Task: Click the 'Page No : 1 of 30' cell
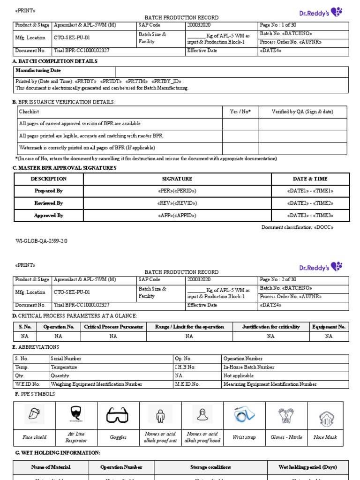coord(277,25)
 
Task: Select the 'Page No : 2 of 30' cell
coord(277,280)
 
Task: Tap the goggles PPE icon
coord(118,415)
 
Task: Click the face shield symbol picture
coord(34,415)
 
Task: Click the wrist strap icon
coord(244,415)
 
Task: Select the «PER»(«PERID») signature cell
coord(177,191)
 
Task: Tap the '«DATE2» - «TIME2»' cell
coord(310,203)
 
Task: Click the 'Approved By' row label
coord(49,216)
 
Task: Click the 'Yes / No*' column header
coord(240,112)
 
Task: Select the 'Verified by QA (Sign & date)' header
coord(302,112)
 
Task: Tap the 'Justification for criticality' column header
coord(270,327)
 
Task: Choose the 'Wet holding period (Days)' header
coord(307,467)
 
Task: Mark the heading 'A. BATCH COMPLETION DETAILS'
coord(55,61)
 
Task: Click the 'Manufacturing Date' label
coord(38,71)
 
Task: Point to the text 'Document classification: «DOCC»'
coord(297,227)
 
